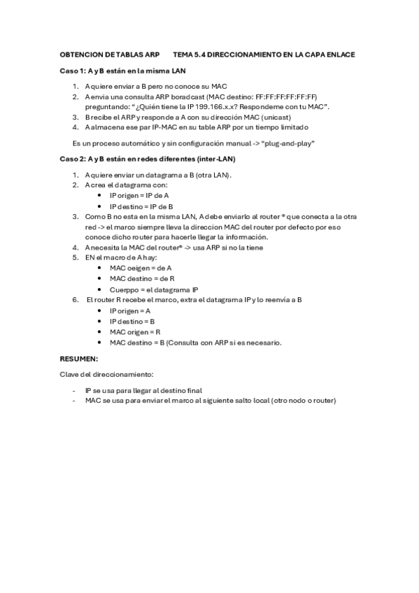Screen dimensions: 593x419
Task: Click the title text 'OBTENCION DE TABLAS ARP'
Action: pos(110,53)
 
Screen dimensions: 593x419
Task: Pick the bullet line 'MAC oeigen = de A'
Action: pos(141,268)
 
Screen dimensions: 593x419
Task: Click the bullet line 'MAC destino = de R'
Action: pos(142,278)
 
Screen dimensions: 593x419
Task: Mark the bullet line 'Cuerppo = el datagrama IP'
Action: pos(154,289)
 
